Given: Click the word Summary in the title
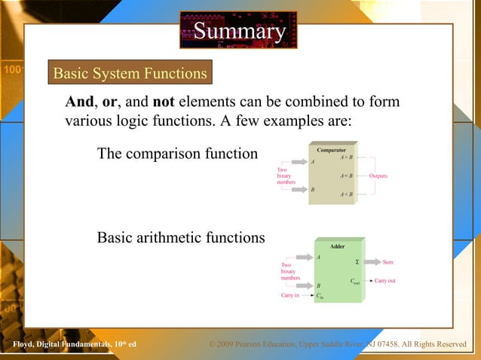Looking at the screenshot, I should [240, 31].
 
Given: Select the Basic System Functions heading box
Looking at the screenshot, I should [130, 73].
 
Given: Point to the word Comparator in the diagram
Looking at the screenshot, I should [332, 150].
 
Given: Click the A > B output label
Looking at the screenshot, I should [347, 157].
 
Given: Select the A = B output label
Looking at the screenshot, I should [347, 175].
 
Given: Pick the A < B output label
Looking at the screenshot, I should [347, 194].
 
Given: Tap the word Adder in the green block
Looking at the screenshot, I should [338, 246].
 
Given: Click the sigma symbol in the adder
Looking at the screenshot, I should [357, 262].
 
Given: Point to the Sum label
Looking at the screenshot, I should [388, 262].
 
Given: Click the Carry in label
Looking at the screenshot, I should [290, 296].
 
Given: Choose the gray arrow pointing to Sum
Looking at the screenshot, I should [372, 262].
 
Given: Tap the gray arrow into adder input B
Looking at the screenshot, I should [302, 285].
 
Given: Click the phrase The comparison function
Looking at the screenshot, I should [177, 154].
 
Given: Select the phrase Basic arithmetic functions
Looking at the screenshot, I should [181, 238].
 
